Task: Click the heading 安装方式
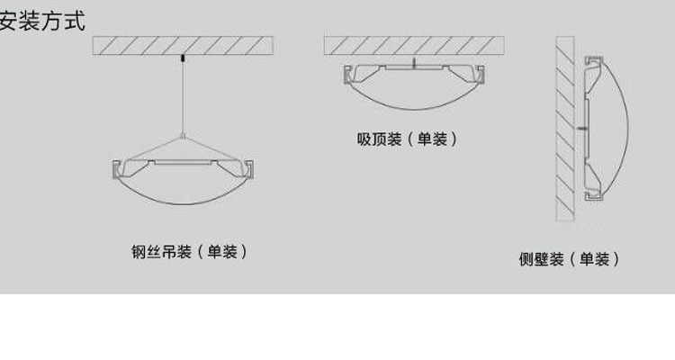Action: click(x=42, y=21)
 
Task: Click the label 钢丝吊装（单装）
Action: click(x=189, y=252)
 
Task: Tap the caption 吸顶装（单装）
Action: click(x=407, y=139)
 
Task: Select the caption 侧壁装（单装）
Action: click(x=569, y=259)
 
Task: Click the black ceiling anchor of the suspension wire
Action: click(x=183, y=58)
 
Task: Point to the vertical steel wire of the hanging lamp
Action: click(x=183, y=98)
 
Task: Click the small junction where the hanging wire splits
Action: click(x=183, y=137)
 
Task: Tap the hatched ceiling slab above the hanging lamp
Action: click(x=183, y=46)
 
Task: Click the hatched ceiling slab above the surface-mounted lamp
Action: click(x=414, y=46)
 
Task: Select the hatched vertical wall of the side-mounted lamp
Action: click(x=565, y=129)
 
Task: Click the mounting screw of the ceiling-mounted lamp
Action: click(x=414, y=63)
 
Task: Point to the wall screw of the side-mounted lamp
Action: click(x=581, y=129)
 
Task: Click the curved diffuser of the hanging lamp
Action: click(x=183, y=203)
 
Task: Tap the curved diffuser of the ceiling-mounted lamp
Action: click(x=414, y=109)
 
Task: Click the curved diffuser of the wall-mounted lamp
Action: click(x=627, y=129)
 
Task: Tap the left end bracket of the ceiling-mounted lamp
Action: click(x=347, y=75)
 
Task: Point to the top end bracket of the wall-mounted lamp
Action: click(x=594, y=60)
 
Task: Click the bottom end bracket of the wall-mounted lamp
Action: click(x=594, y=196)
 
